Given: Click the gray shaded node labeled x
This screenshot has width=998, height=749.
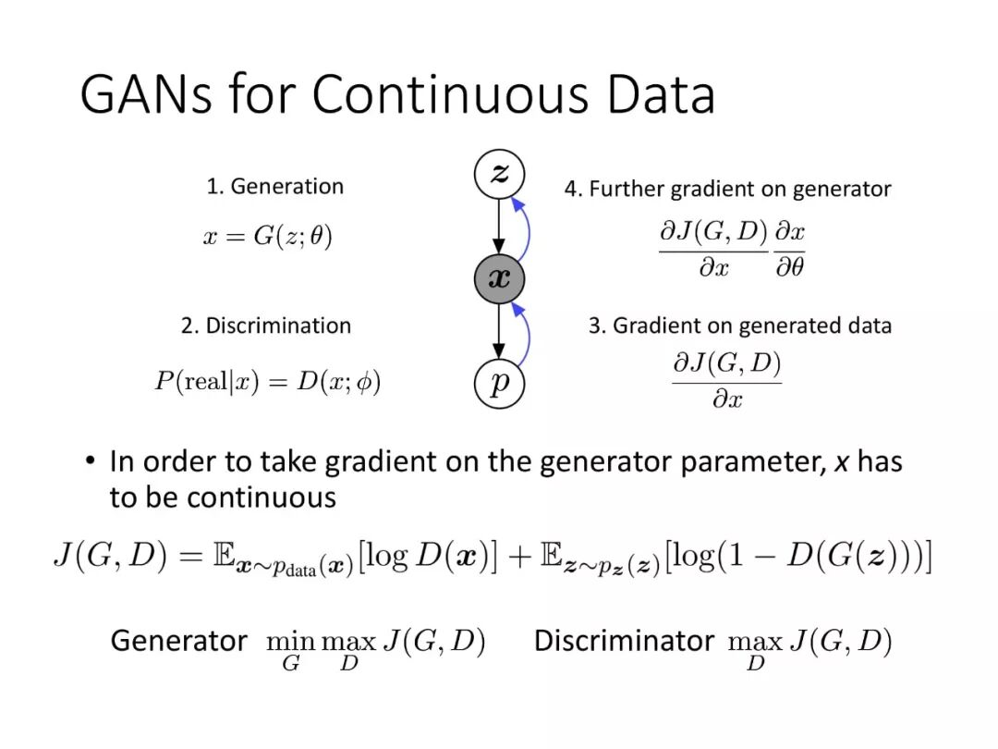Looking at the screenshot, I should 499,278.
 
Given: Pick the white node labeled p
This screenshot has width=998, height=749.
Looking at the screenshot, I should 499,382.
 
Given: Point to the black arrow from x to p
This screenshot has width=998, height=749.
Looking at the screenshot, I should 499,330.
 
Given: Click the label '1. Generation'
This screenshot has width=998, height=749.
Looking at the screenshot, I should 274,187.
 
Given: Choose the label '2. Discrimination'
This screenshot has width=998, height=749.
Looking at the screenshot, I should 266,326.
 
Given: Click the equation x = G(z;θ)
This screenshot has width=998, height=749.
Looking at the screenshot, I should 267,238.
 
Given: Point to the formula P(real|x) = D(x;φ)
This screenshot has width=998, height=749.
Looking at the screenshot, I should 267,382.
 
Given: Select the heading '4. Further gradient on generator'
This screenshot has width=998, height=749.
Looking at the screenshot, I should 727,190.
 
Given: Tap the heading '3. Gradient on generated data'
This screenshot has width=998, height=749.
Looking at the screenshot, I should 739,326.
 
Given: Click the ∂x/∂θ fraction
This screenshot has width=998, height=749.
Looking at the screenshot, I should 790,250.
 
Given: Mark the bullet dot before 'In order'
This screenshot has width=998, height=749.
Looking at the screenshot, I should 90,460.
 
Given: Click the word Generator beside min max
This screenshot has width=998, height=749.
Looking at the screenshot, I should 178,641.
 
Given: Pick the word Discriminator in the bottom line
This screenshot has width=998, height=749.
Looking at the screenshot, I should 624,641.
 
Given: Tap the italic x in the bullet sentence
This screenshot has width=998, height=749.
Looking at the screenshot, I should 841,461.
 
